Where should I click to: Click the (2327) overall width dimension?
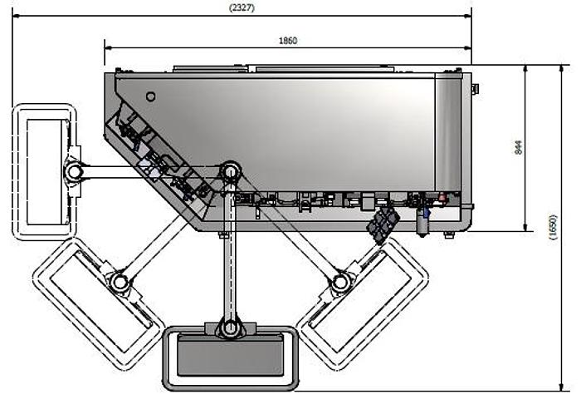pyautogui.click(x=242, y=7)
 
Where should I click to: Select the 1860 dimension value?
pyautogui.click(x=288, y=41)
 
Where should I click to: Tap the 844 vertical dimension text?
pyautogui.click(x=519, y=147)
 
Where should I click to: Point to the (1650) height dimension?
pyautogui.click(x=552, y=227)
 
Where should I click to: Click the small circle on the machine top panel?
pyautogui.click(x=150, y=96)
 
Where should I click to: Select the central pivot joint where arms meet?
pyautogui.click(x=230, y=172)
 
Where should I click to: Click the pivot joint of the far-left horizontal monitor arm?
pyautogui.click(x=75, y=171)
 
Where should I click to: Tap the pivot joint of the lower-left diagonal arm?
pyautogui.click(x=120, y=283)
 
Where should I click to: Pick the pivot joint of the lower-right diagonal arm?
pyautogui.click(x=339, y=283)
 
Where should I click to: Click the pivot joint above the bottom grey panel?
pyautogui.click(x=231, y=328)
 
